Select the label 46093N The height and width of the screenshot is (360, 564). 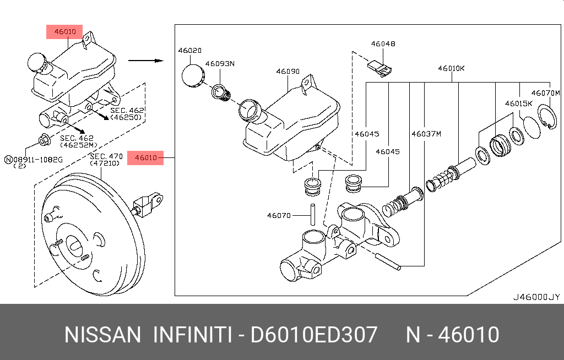pos(220,63)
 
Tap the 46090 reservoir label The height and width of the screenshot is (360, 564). pos(288,72)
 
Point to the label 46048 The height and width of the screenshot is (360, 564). pos(383,43)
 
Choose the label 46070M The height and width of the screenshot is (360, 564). pos(545,92)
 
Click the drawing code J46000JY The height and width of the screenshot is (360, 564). pos(536,297)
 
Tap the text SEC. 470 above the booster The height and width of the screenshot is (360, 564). pos(106,157)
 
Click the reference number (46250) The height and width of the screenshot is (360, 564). pos(126,117)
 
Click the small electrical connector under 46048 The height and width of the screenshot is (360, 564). pos(379,67)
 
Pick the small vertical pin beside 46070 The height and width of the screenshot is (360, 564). pos(312,214)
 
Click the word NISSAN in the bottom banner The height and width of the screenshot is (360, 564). pos(102,335)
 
